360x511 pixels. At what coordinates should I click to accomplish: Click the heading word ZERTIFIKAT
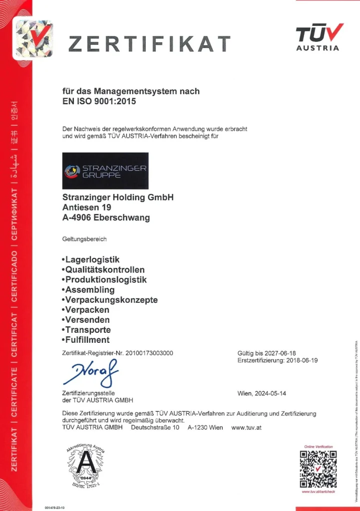[149, 44]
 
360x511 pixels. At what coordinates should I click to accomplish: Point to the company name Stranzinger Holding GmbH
[118, 197]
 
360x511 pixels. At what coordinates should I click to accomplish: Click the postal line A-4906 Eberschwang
[106, 218]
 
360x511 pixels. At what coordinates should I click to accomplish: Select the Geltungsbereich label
[84, 239]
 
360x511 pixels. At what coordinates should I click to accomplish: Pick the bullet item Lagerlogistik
[92, 259]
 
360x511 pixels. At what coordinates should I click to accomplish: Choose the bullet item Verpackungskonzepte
[111, 300]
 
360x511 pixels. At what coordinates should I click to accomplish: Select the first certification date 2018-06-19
[300, 360]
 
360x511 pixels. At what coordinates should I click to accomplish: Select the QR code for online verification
[318, 469]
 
